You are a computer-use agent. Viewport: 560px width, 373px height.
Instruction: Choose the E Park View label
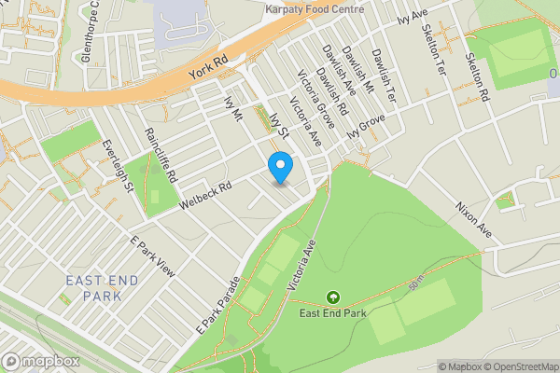coord(152,254)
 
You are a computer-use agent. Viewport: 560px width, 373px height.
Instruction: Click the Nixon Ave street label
coord(473,218)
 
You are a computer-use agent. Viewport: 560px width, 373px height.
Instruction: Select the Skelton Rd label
coord(477,76)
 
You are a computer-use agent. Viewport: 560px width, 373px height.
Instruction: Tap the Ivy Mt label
coord(233,107)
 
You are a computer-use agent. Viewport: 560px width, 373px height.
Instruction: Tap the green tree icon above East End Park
coord(331,297)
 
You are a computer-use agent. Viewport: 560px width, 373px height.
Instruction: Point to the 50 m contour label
coord(413,282)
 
